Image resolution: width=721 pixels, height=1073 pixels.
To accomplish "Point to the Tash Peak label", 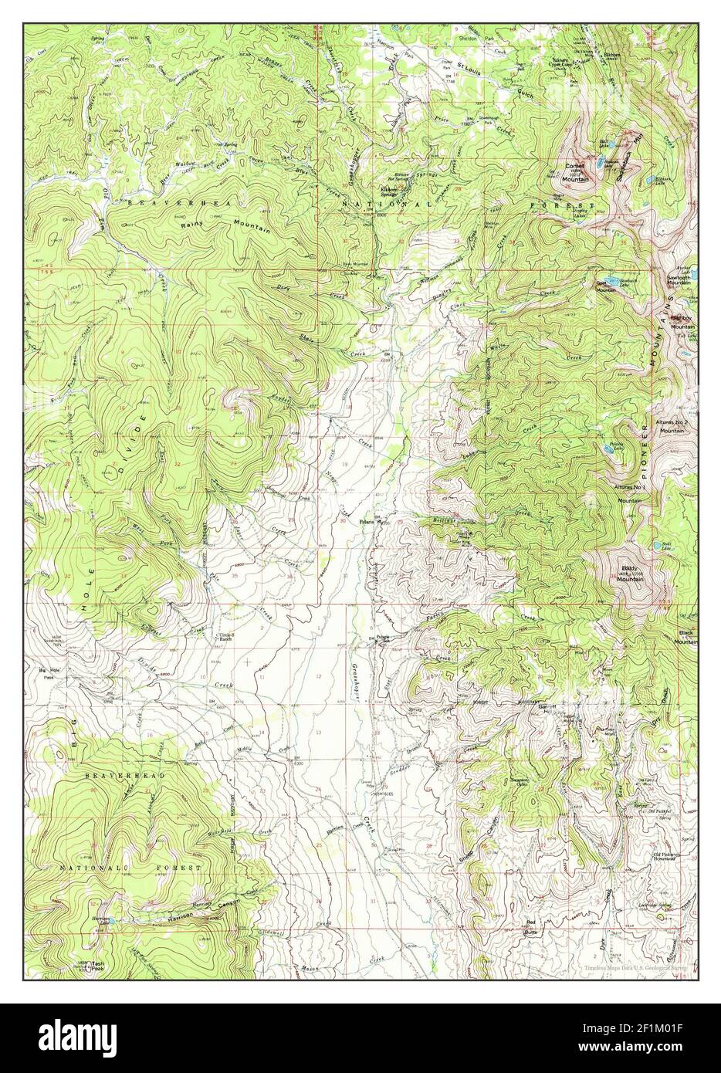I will point(98,966).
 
